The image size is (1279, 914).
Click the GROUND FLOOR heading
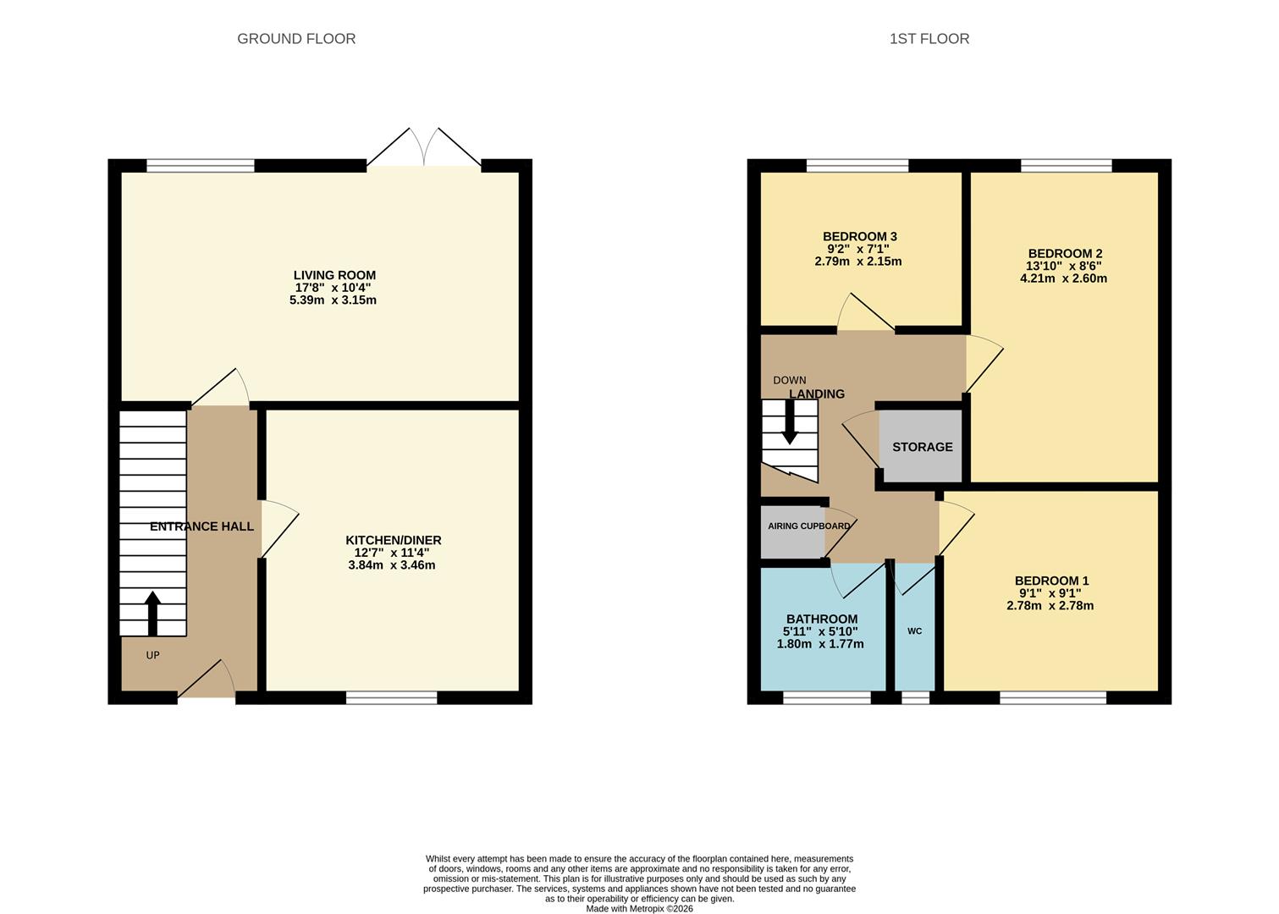[296, 39]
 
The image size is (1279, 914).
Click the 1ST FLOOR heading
[929, 39]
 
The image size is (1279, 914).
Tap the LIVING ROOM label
[334, 275]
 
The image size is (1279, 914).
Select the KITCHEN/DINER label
[393, 540]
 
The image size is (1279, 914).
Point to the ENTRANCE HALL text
[201, 526]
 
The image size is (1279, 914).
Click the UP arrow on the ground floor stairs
[152, 613]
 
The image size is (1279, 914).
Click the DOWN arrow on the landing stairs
[789, 421]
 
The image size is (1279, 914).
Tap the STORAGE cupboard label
[922, 447]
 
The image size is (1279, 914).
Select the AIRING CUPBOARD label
[808, 526]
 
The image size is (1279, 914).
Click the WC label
[914, 631]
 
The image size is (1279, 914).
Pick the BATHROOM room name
[821, 619]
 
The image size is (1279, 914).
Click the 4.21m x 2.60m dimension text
[1064, 278]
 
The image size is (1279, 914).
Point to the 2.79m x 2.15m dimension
[858, 262]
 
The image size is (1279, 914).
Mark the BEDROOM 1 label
[1051, 581]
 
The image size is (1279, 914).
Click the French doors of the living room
[424, 148]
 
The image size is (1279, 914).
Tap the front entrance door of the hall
[207, 681]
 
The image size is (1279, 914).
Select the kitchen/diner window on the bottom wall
[391, 697]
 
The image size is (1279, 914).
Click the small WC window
[914, 697]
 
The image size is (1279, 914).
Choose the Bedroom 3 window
[857, 166]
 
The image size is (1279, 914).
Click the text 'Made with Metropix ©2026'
[639, 908]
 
